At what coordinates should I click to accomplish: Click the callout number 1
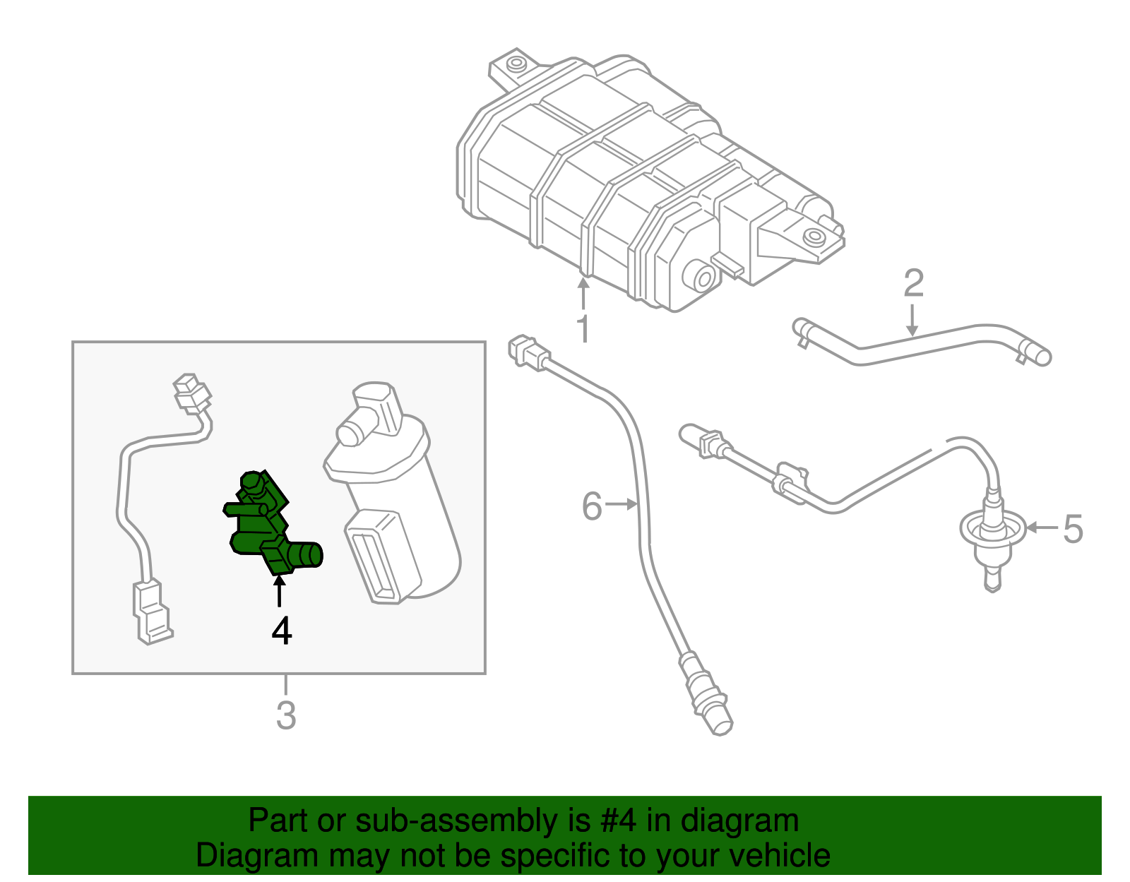pyautogui.click(x=583, y=329)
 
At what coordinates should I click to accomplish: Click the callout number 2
pyautogui.click(x=913, y=283)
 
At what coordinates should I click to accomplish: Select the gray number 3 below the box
pyautogui.click(x=285, y=715)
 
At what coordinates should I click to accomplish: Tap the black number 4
pyautogui.click(x=281, y=631)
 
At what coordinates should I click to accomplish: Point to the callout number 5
pyautogui.click(x=1072, y=529)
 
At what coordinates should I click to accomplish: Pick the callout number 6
pyautogui.click(x=592, y=506)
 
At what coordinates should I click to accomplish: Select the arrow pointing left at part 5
pyautogui.click(x=1041, y=528)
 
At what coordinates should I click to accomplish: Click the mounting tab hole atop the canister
pyautogui.click(x=516, y=65)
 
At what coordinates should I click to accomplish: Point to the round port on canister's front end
pyautogui.click(x=702, y=276)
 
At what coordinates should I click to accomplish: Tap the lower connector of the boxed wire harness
pyautogui.click(x=151, y=611)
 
